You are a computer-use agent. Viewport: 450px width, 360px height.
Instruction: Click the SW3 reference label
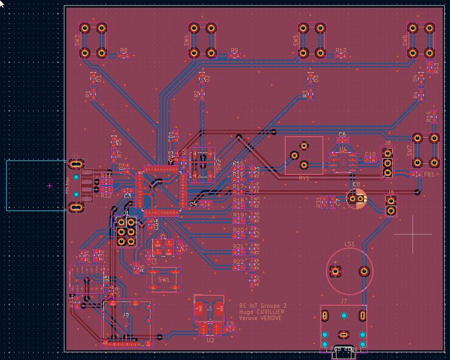pyautogui.click(x=78, y=40)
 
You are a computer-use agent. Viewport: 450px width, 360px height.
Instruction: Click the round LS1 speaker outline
pyautogui.click(x=349, y=271)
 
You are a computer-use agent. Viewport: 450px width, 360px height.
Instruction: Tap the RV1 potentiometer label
pyautogui.click(x=303, y=178)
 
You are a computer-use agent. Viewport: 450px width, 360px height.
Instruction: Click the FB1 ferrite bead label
pyautogui.click(x=429, y=174)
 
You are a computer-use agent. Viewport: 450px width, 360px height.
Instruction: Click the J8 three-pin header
pyautogui.click(x=388, y=163)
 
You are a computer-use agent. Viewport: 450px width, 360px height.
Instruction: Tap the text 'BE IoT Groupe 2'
pyautogui.click(x=259, y=305)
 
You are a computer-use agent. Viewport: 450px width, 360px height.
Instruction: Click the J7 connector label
pyautogui.click(x=343, y=301)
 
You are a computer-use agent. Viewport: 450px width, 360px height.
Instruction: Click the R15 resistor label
pyautogui.click(x=238, y=163)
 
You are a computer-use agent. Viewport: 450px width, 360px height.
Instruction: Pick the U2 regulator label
pyautogui.click(x=210, y=340)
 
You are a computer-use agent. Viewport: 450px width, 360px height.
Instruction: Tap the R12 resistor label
pyautogui.click(x=106, y=196)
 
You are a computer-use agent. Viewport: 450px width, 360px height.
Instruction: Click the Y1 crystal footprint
pyautogui.click(x=163, y=246)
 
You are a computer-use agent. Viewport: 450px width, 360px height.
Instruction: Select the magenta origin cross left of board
pyautogui.click(x=50, y=186)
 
